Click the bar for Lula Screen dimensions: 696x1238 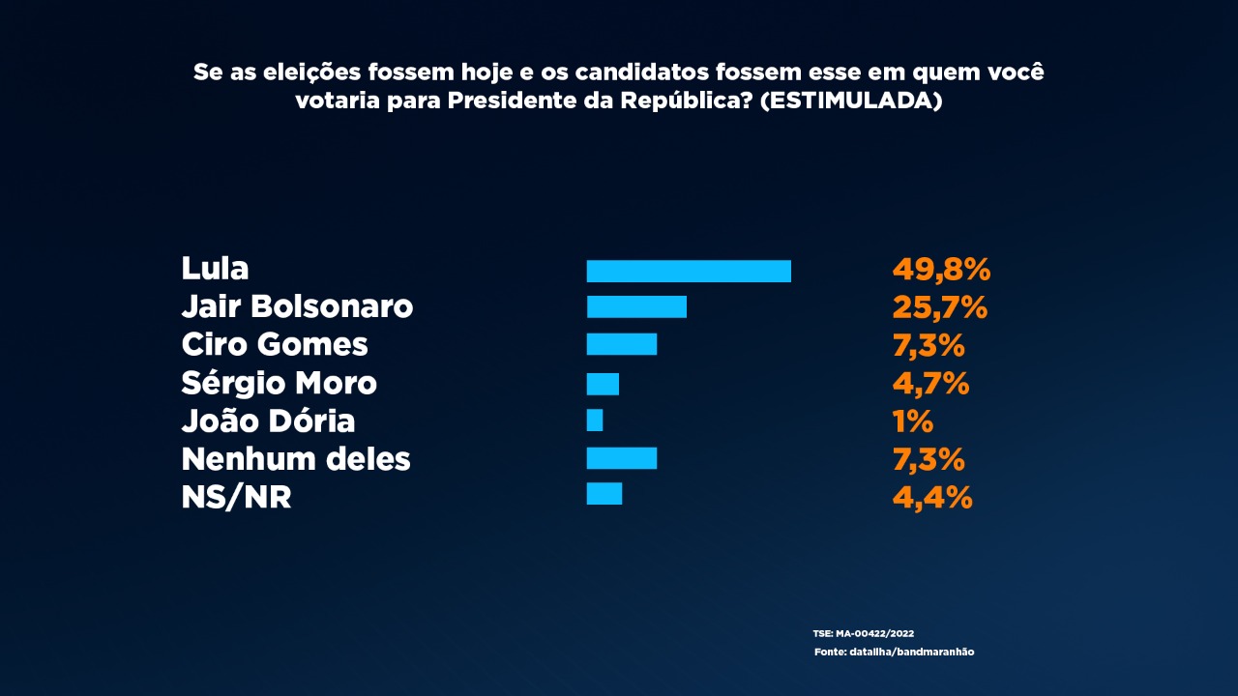(x=689, y=272)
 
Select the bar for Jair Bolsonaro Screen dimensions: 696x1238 (x=636, y=307)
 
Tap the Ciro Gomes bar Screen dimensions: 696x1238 (x=622, y=344)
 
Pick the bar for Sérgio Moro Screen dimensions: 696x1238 (x=603, y=384)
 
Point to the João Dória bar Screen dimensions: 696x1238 (x=595, y=420)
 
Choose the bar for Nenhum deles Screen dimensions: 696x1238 (x=622, y=458)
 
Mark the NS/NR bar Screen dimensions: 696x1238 (x=604, y=494)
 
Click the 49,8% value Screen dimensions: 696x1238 (x=941, y=270)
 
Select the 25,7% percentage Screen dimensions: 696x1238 (x=939, y=307)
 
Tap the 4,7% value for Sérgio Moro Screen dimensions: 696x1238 (x=930, y=384)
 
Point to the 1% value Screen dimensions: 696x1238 (x=912, y=421)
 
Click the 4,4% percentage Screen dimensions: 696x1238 (x=931, y=497)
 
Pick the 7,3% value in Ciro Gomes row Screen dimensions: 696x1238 (x=928, y=345)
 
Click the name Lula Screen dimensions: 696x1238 (x=215, y=268)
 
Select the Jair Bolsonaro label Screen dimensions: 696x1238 (x=297, y=306)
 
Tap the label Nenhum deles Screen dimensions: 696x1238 (x=296, y=458)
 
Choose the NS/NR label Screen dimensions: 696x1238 (x=236, y=497)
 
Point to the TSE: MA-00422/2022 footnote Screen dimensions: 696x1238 (x=863, y=633)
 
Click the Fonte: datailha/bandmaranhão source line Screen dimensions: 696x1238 (x=894, y=652)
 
